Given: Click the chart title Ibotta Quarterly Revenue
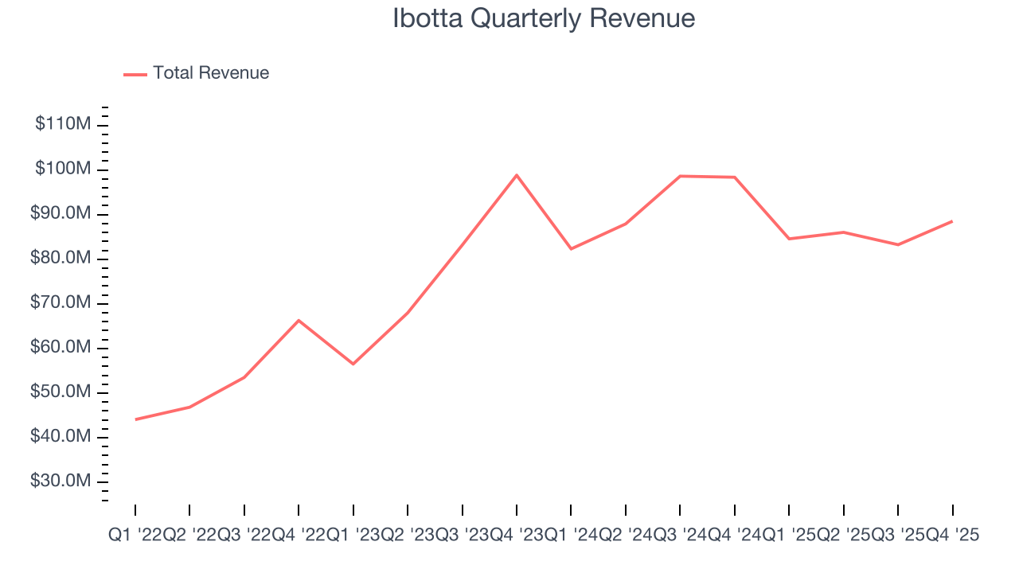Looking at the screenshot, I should pos(544,18).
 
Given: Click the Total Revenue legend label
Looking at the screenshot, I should pos(211,73).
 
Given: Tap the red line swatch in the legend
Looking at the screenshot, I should pos(135,74).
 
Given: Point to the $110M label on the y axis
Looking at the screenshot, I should pos(62,124).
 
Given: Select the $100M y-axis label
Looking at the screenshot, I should pos(62,169).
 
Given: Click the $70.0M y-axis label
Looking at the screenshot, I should pos(62,302).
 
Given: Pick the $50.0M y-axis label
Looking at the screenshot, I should pos(62,392).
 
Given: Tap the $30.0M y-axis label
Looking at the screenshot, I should pos(62,481).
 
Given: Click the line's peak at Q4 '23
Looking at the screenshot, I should pos(517,175).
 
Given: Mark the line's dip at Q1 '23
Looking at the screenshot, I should pos(353,364).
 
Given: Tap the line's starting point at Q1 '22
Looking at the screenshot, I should pos(135,419).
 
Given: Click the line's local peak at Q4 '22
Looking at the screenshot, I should pos(299,320).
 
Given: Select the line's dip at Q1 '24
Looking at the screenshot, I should pos(571,249).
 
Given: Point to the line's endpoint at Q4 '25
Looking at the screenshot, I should pos(952,221).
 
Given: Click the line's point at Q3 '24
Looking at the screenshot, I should pos(680,176).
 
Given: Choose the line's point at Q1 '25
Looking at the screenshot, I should pos(789,239).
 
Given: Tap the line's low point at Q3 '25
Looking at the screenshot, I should pos(898,244).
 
